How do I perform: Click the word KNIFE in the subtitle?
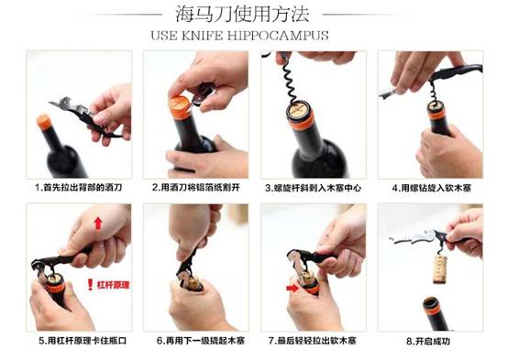(x=202, y=36)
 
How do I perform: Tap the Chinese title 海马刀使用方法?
(x=242, y=15)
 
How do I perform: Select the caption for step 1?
(x=79, y=188)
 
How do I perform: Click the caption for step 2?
(x=196, y=188)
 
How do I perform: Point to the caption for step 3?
(x=313, y=188)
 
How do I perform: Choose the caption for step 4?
(x=431, y=188)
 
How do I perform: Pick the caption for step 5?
(x=83, y=341)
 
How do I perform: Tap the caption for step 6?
(x=201, y=341)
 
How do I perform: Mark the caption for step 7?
(x=313, y=341)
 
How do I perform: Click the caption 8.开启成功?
(x=428, y=342)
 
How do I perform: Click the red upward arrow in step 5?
(x=98, y=223)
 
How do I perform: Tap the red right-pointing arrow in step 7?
(x=292, y=288)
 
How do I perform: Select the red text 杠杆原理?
(x=113, y=285)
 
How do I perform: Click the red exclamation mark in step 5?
(x=90, y=284)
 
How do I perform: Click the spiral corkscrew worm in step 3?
(x=291, y=82)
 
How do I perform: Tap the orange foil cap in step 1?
(x=44, y=122)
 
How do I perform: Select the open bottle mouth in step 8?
(x=431, y=303)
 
